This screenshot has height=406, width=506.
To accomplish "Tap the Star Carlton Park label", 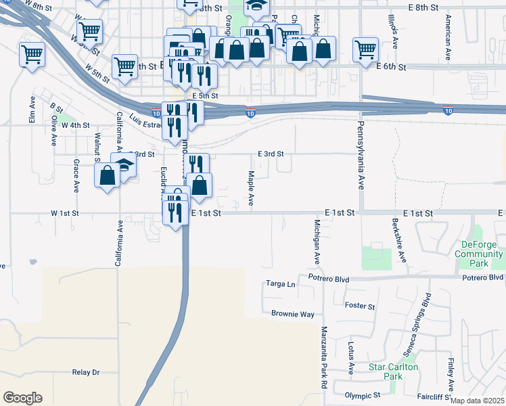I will point(393,371).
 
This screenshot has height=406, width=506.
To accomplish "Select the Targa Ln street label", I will point(281,284).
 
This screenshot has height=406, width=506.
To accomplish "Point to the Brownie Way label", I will point(293,314).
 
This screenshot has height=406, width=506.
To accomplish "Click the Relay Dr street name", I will point(85,372).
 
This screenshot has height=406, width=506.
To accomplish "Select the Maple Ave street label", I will point(250,188).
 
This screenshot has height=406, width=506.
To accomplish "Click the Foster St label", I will point(360,307).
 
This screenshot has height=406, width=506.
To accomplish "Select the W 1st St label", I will point(65,213).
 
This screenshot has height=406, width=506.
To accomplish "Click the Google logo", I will point(22,398).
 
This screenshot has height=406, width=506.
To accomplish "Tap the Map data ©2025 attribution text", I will point(477,401).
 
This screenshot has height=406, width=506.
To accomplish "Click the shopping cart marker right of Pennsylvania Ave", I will point(365,48).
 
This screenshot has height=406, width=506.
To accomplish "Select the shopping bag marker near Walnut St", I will point(108,176).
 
